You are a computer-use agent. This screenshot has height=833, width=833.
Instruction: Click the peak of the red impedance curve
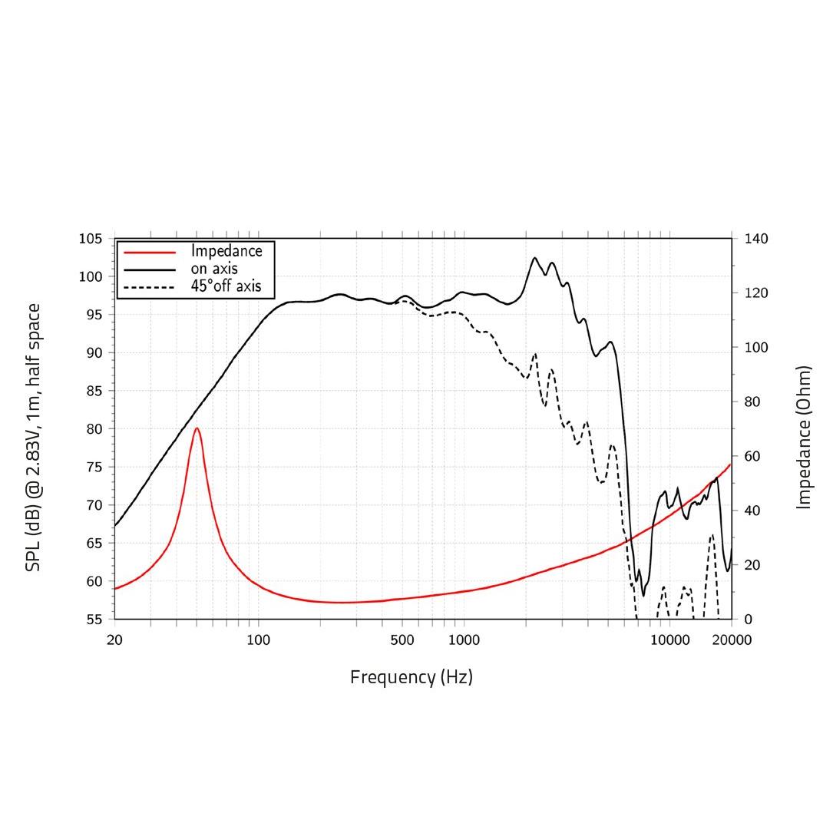point(197,428)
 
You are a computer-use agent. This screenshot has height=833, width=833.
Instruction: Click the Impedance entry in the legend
point(226,251)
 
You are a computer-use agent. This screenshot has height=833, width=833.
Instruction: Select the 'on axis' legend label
point(214,269)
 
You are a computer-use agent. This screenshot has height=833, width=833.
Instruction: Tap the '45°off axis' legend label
point(226,286)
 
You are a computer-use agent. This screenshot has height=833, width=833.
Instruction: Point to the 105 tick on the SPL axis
point(91,239)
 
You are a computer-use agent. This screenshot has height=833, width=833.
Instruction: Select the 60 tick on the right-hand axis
point(753,456)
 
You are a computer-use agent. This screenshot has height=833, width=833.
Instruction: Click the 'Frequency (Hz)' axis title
point(412,677)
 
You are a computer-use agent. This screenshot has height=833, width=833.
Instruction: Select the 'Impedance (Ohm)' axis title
point(804,437)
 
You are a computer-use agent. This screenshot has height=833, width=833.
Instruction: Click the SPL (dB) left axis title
point(33,437)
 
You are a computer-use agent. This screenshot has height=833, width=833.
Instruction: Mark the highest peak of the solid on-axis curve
point(535,258)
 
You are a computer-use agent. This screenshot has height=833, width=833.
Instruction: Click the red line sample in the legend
point(150,252)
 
